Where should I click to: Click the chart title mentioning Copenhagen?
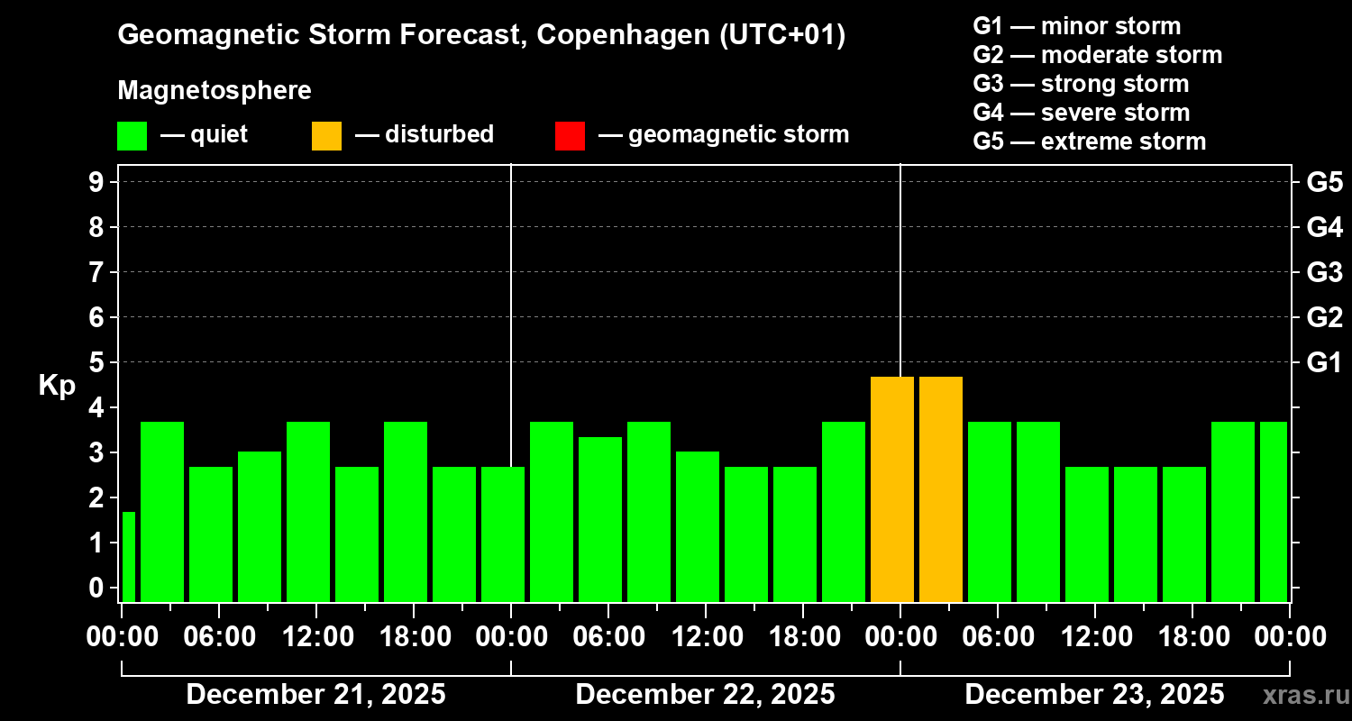coord(481,36)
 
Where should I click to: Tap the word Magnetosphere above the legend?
coord(215,91)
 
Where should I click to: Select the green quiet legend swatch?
coord(132,135)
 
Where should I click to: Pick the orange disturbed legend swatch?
coord(326,135)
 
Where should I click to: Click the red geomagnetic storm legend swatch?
coord(570,135)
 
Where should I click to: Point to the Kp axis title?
coord(57,386)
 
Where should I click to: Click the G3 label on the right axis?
coord(1324,272)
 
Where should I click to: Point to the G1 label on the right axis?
coord(1324,362)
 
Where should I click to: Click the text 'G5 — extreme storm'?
coord(1089,141)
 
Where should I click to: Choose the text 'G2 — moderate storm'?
coord(1097,55)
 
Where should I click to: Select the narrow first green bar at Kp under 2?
coord(129,557)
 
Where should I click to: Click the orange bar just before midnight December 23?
coord(891,489)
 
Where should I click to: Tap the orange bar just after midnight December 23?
coord(941,489)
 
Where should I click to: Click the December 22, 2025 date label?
coord(705,695)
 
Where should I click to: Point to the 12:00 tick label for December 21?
coord(316,637)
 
